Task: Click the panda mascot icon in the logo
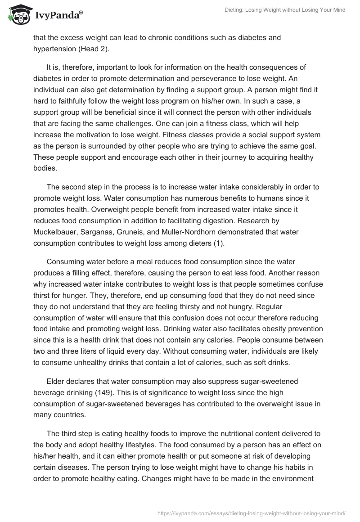[x=18, y=14]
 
